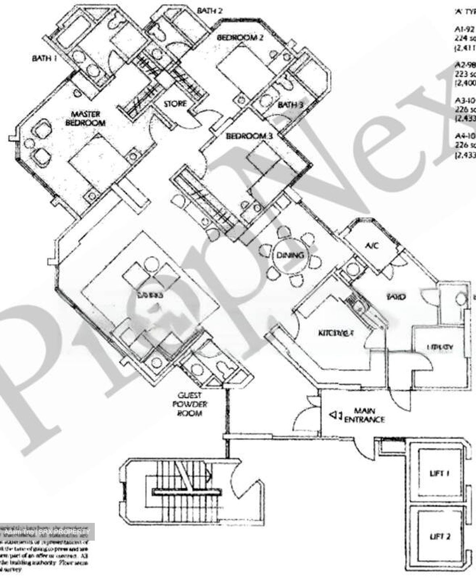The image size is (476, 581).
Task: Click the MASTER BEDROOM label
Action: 85,119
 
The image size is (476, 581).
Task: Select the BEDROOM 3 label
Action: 249,136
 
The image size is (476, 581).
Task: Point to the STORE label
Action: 175,104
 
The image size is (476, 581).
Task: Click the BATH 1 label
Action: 44,59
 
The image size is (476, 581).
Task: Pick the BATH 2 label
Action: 210,11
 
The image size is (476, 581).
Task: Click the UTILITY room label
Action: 440,347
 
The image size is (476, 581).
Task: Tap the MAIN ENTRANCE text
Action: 364,416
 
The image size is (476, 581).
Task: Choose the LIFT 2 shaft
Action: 439,536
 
